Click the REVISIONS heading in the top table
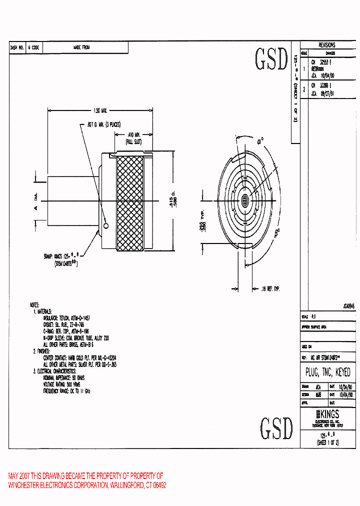(x=327, y=45)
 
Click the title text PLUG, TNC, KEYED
(x=327, y=372)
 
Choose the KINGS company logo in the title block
(x=327, y=414)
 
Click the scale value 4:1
(x=314, y=317)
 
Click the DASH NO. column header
(x=17, y=47)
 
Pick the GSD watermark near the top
(x=272, y=59)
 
